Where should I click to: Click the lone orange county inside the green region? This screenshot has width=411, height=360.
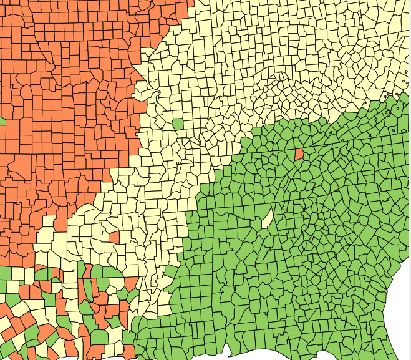[299, 153]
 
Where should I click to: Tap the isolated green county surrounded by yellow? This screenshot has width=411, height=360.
[178, 125]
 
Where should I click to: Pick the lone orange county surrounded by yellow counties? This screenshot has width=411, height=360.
[114, 237]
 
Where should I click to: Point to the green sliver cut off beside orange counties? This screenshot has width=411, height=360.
[2, 120]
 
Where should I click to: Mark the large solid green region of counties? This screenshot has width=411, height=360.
[299, 262]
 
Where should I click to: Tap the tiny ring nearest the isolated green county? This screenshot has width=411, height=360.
[178, 163]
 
